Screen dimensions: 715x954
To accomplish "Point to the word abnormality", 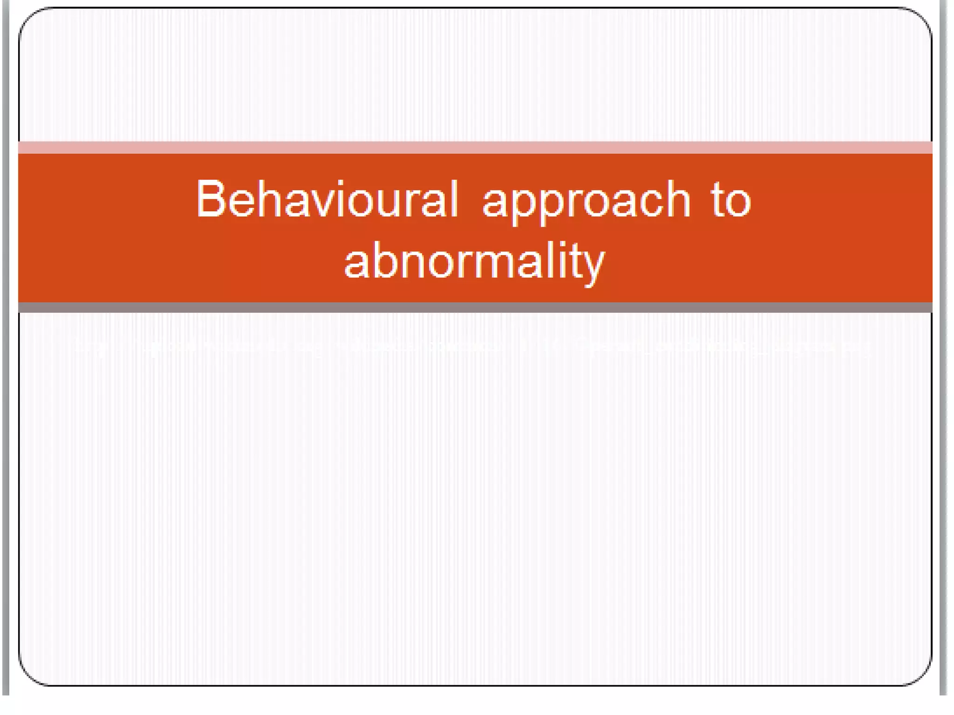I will point(474,262).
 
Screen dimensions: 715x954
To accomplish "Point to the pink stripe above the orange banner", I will point(475,148).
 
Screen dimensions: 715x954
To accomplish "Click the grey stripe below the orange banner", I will point(475,307).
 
